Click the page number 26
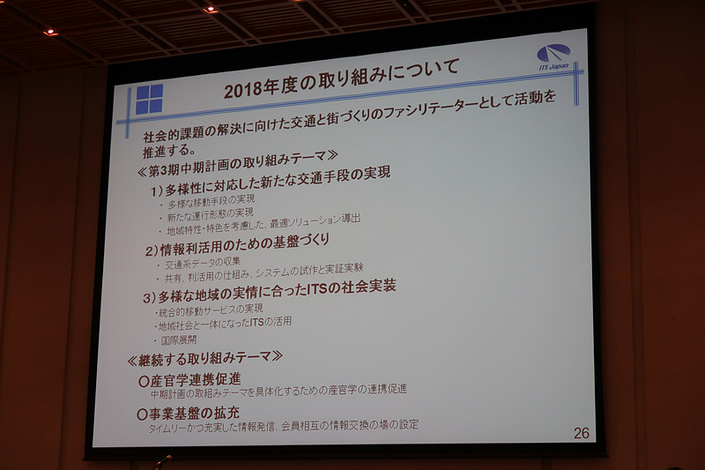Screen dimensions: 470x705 point(581,433)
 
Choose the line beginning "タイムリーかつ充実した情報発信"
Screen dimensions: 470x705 point(283,426)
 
